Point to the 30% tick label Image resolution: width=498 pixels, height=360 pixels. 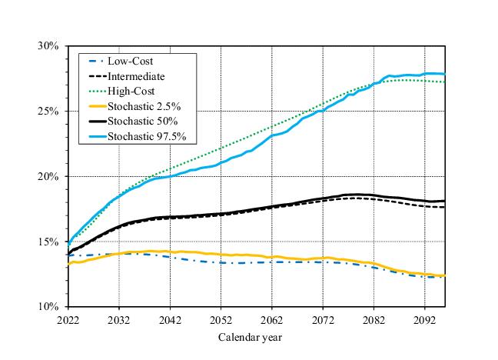[48, 46]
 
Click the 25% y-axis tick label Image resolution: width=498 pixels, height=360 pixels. [48, 112]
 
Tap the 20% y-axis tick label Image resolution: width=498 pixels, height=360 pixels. [48, 177]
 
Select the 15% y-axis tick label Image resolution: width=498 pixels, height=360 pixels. [48, 242]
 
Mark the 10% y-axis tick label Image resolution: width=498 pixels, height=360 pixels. [48, 307]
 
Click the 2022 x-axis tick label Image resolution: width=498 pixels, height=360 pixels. [68, 319]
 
